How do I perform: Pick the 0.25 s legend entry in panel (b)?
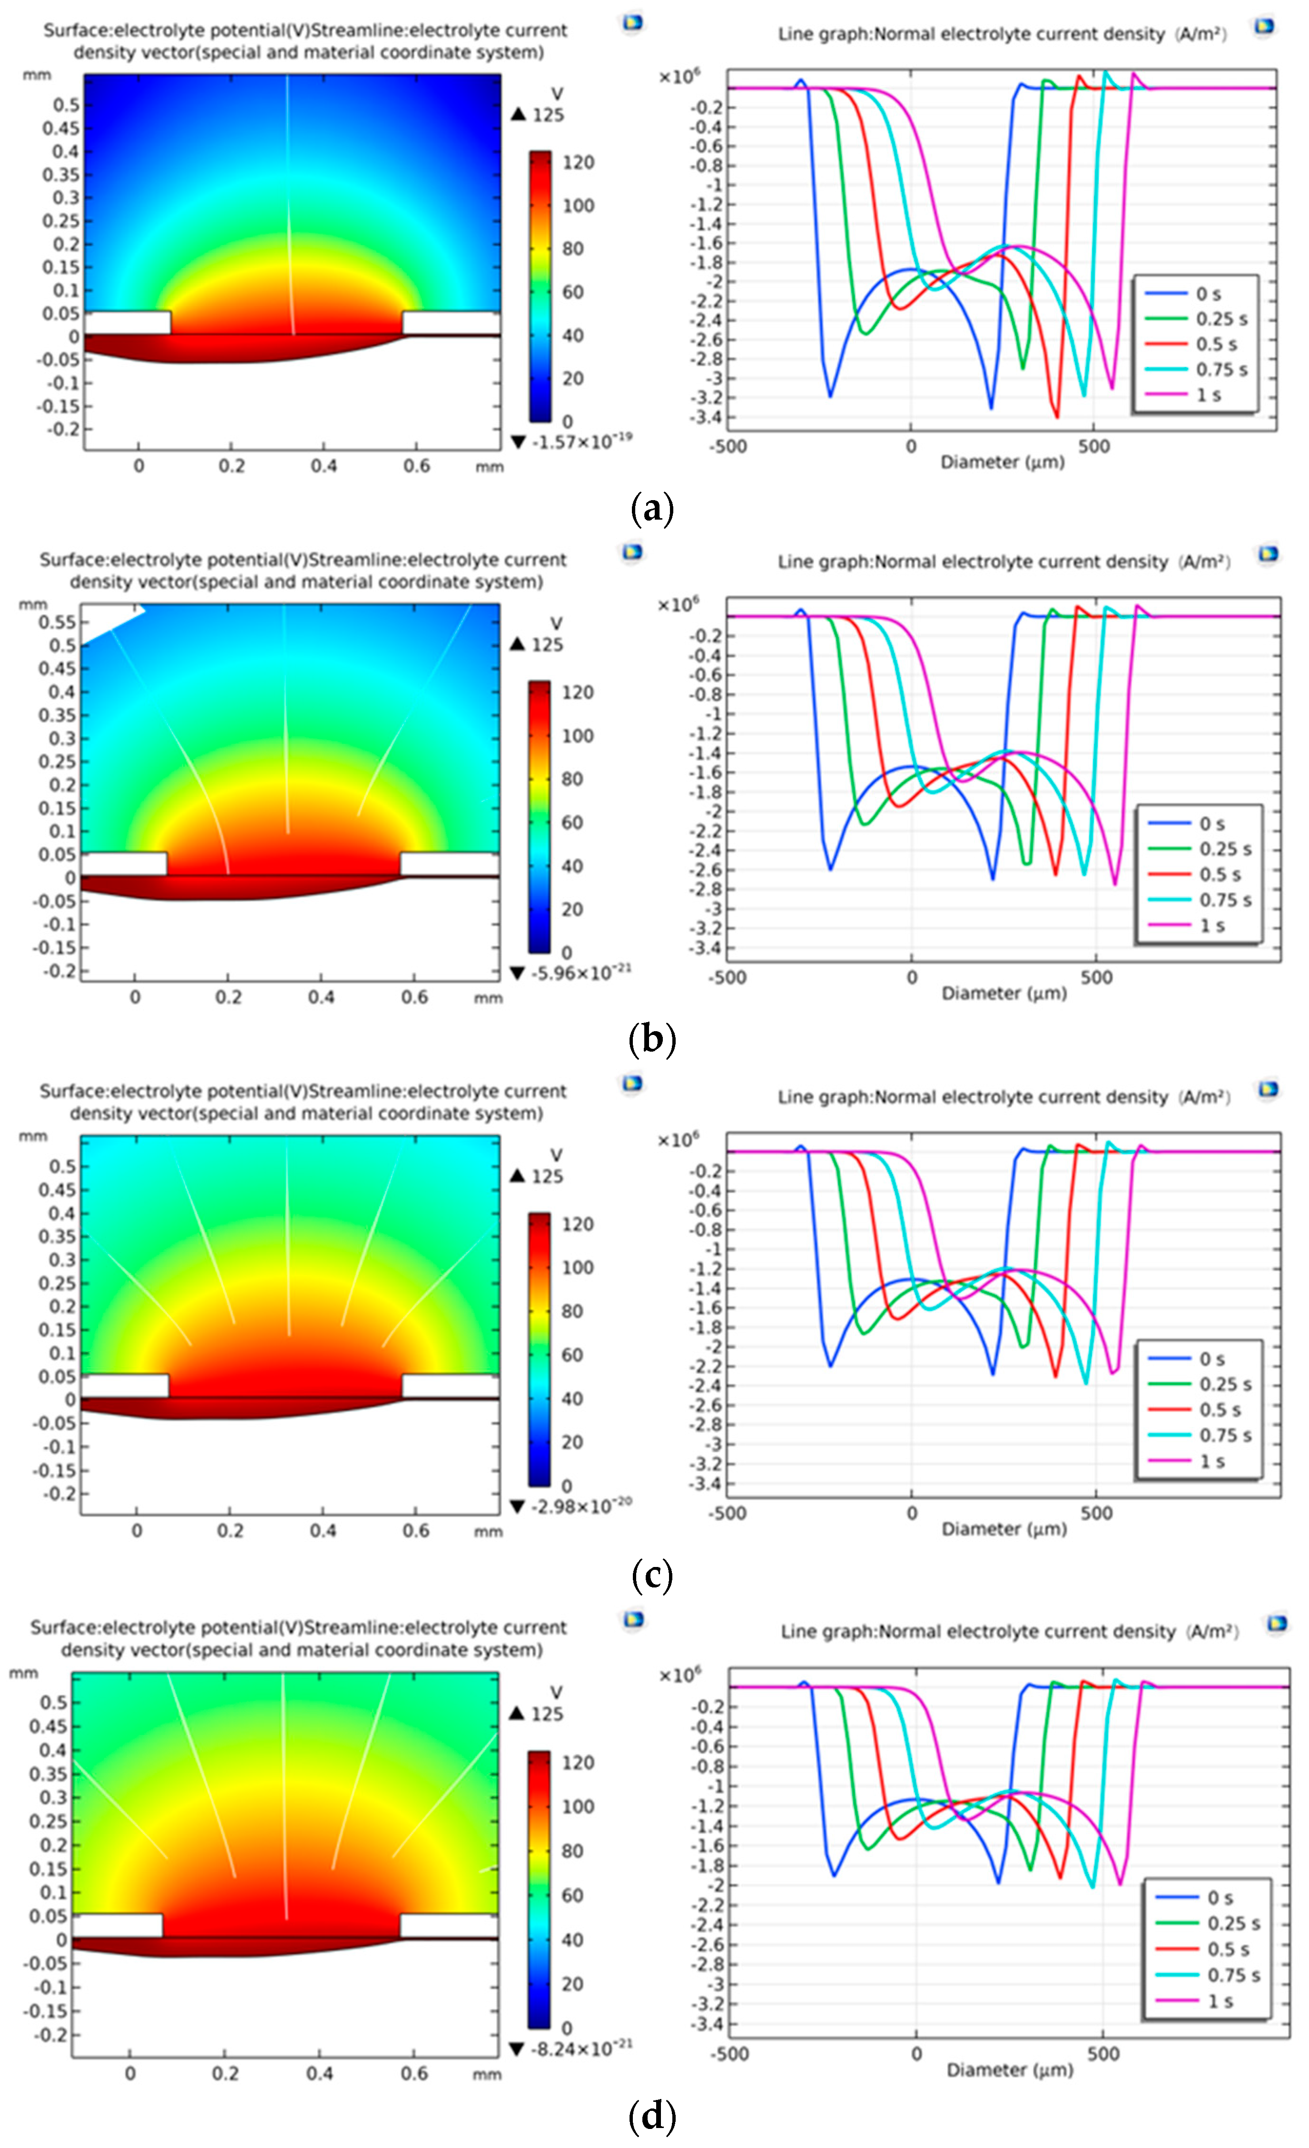[x=1224, y=849]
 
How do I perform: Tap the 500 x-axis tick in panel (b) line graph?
[x=1096, y=977]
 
